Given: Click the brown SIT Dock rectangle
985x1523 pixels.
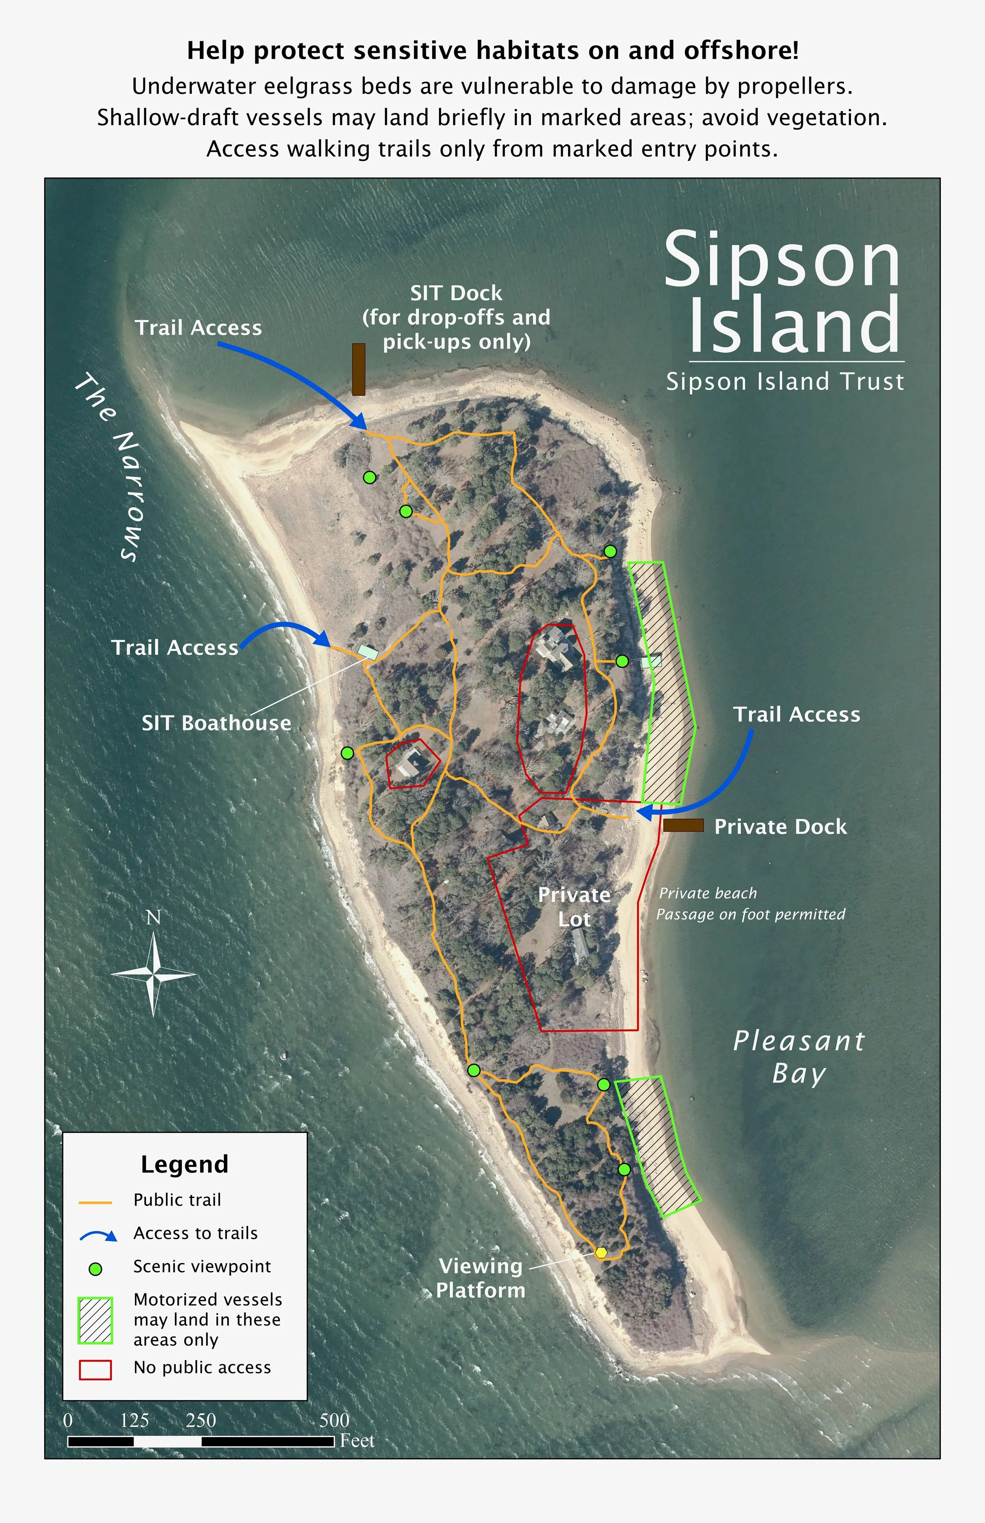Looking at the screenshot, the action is tap(359, 369).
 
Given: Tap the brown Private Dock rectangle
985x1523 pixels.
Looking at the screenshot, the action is tap(683, 825).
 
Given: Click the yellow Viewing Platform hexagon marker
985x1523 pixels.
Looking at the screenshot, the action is tap(600, 1252).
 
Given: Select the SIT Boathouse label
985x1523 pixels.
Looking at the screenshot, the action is tap(216, 723).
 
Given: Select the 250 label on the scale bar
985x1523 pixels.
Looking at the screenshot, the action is tap(201, 1421).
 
